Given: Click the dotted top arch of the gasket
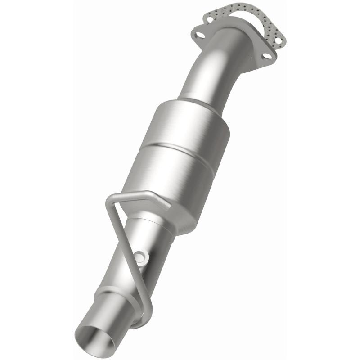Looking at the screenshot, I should [245, 10].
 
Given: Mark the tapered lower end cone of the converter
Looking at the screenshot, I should [180, 216].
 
